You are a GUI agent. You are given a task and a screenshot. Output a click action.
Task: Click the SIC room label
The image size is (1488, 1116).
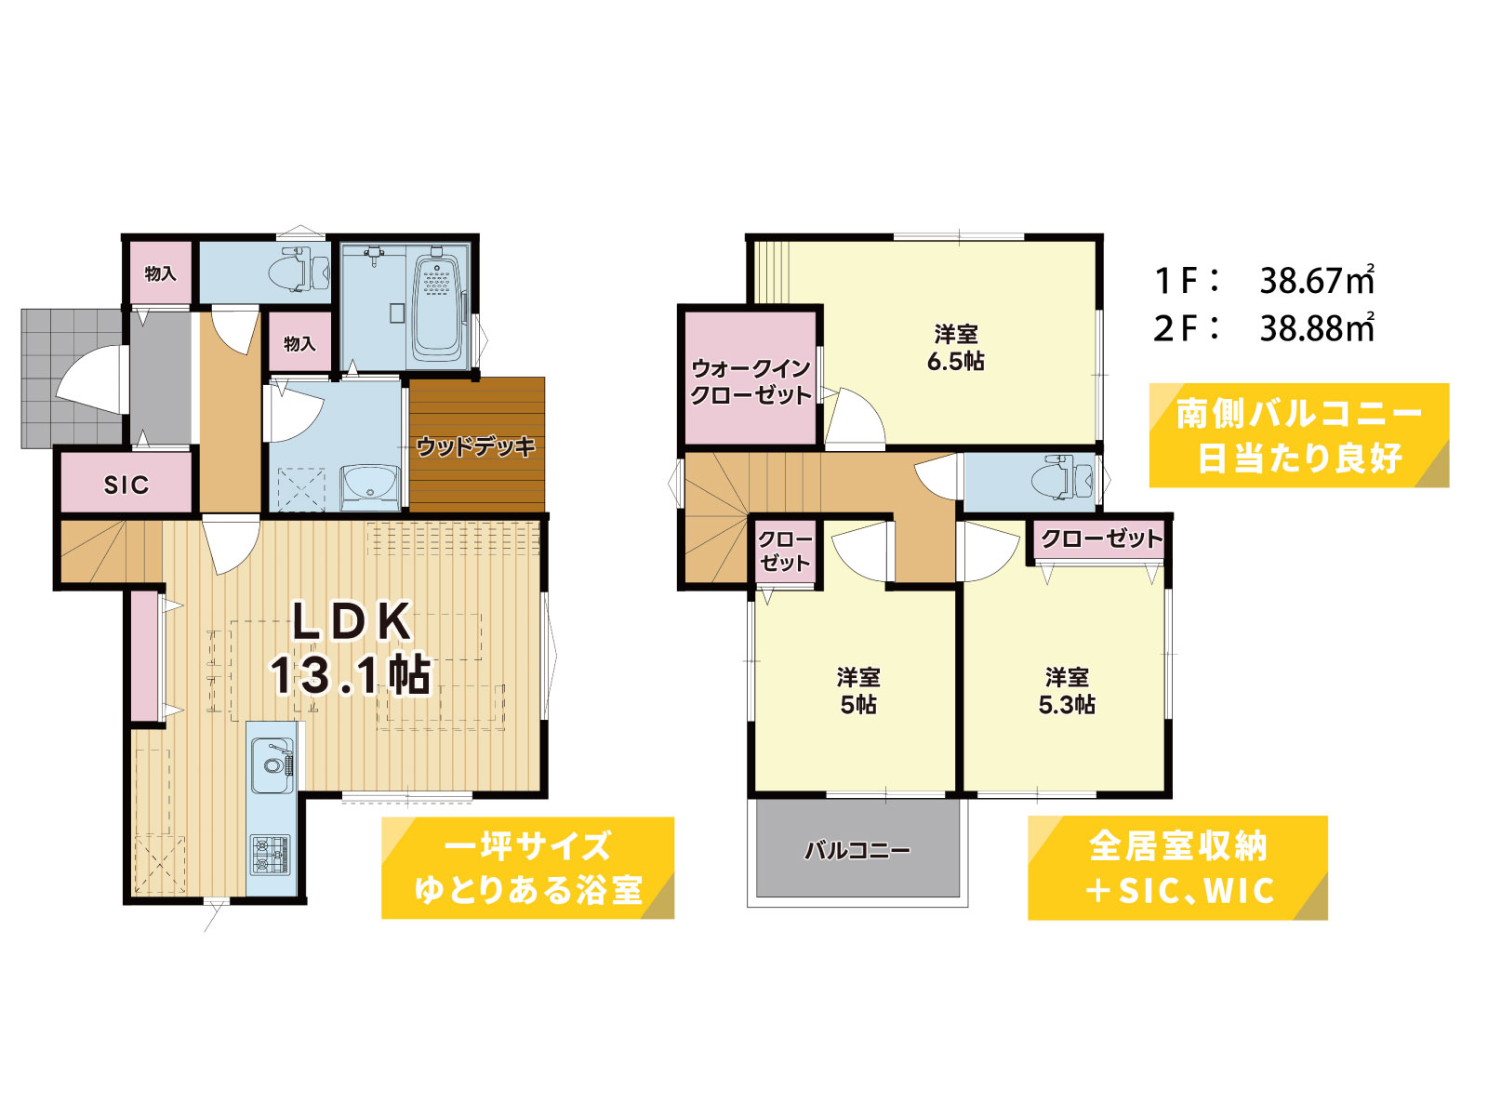pyautogui.click(x=126, y=485)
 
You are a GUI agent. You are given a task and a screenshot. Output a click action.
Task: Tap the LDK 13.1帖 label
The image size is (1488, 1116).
pyautogui.click(x=352, y=648)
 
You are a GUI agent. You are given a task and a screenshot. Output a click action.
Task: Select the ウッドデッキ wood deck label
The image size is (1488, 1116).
pyautogui.click(x=476, y=447)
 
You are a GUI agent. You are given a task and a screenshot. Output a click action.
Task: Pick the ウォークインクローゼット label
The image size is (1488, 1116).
pyautogui.click(x=751, y=381)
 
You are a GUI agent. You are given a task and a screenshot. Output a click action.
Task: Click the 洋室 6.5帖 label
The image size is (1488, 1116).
pyautogui.click(x=956, y=348)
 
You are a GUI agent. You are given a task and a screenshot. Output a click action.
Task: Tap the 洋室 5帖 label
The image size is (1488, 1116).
pyautogui.click(x=858, y=691)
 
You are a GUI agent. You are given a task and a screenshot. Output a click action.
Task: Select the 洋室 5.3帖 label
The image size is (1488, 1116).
pyautogui.click(x=1067, y=691)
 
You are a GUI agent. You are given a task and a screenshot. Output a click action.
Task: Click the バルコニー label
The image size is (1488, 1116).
pyautogui.click(x=857, y=850)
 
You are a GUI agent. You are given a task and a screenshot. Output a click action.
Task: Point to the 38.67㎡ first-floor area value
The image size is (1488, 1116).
pyautogui.click(x=1317, y=280)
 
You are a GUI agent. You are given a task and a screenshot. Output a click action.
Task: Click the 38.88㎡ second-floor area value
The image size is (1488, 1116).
pyautogui.click(x=1317, y=328)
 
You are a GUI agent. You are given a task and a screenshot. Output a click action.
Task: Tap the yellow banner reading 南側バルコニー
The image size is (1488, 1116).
pyautogui.click(x=1298, y=435)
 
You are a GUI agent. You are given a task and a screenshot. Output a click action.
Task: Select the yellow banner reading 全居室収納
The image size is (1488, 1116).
pyautogui.click(x=1177, y=868)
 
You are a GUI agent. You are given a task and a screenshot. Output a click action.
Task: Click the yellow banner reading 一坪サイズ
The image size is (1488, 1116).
pyautogui.click(x=527, y=868)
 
